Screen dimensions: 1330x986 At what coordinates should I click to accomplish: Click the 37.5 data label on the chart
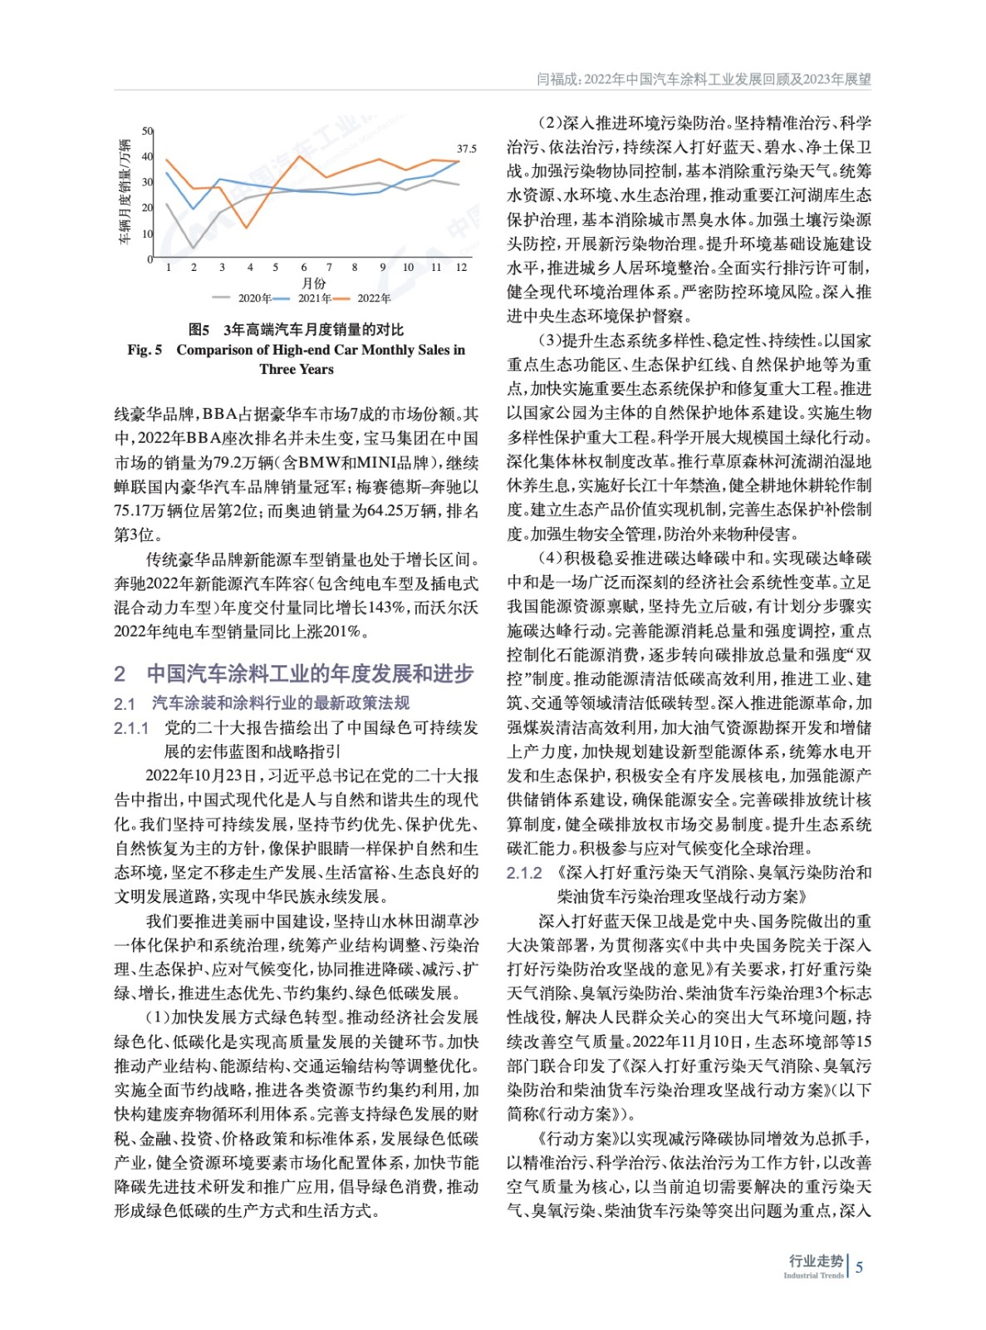[466, 149]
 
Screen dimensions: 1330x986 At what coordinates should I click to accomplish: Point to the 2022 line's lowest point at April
[247, 227]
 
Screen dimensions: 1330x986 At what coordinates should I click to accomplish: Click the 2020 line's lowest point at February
[194, 248]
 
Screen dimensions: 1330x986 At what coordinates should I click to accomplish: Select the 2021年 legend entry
[314, 298]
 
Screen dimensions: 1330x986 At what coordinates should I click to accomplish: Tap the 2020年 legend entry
[253, 298]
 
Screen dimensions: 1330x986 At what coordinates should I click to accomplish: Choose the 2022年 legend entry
[373, 298]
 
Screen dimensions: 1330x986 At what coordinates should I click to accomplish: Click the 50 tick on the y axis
[147, 131]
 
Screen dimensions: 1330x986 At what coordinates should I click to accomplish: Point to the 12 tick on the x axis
[461, 268]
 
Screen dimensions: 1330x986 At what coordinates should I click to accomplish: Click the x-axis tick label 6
[303, 268]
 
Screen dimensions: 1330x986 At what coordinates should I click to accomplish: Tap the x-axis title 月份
[313, 283]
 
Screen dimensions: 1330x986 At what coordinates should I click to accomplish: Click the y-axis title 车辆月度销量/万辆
[125, 191]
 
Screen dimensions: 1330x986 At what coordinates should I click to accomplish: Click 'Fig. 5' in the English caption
[145, 350]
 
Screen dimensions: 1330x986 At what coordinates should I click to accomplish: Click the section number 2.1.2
[524, 873]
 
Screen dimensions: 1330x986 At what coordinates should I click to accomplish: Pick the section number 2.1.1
[131, 728]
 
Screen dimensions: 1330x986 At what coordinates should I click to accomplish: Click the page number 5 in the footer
[859, 1267]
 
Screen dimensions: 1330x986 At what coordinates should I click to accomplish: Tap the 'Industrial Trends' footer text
[813, 1275]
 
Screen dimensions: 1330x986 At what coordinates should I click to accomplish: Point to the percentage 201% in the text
[342, 632]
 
